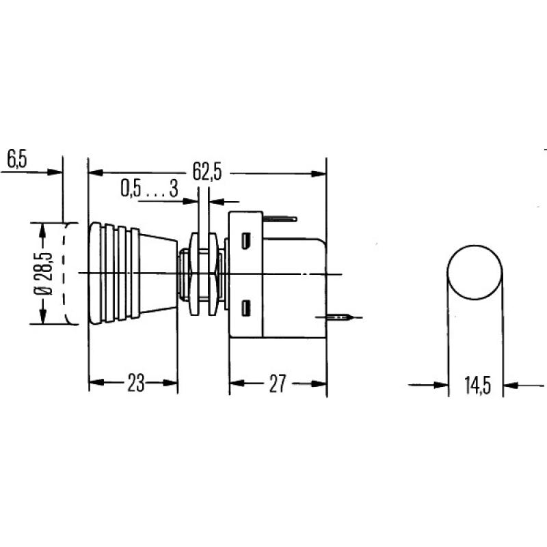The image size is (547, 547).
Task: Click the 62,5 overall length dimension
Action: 206,172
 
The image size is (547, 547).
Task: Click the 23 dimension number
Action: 135,384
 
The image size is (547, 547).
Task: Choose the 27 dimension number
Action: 277,384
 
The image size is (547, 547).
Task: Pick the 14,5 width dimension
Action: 477,386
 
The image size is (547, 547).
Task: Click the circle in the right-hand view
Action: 475,273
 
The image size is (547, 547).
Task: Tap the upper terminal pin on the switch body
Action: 280,219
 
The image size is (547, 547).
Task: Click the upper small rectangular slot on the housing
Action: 245,241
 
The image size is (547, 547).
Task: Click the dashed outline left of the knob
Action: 68,273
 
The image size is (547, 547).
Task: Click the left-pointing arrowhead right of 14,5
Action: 511,386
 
